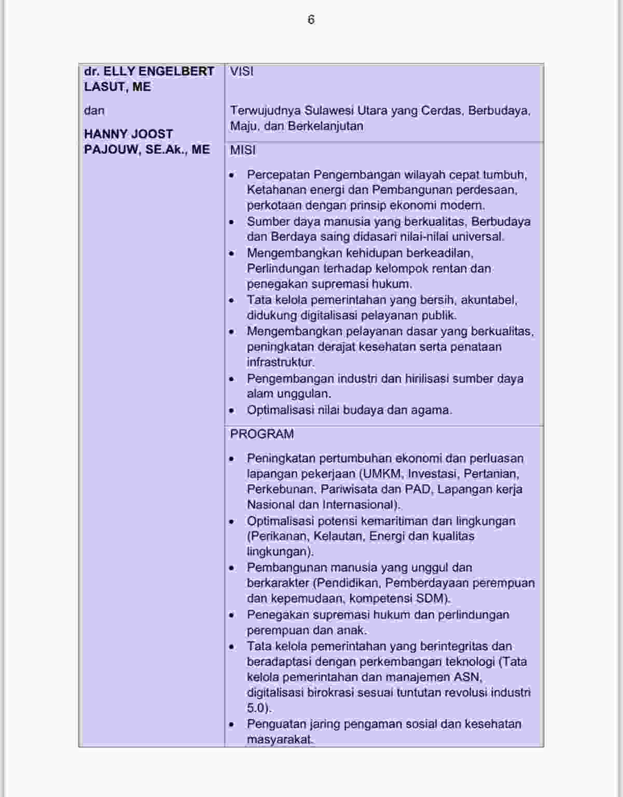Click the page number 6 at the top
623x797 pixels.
click(311, 20)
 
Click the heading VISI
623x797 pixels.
click(242, 71)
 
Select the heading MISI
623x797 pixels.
click(243, 150)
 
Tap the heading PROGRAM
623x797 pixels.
click(262, 434)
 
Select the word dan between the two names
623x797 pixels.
click(94, 111)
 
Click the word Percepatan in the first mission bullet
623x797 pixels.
click(278, 174)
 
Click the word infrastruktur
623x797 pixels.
click(280, 362)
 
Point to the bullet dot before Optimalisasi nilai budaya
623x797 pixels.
click(232, 410)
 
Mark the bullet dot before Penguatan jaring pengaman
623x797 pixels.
click(232, 724)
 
